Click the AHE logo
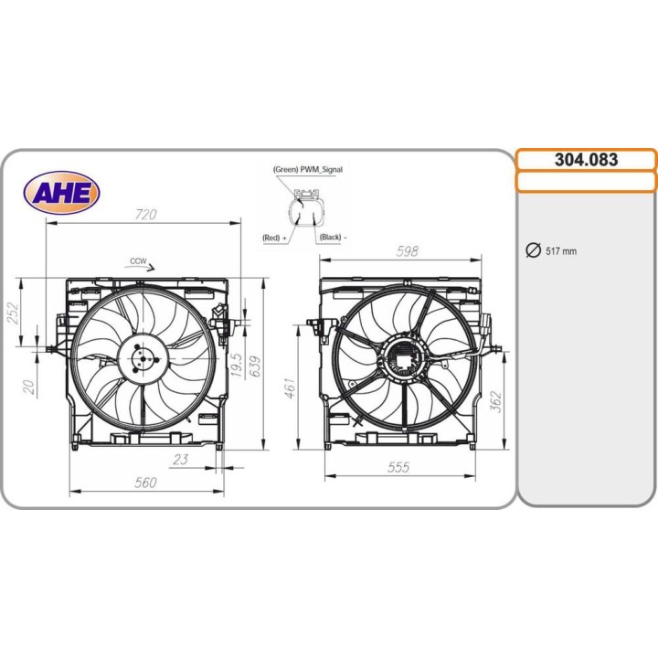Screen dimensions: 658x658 [61, 193]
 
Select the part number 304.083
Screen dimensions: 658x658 [586, 160]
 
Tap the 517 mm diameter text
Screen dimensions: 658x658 [561, 251]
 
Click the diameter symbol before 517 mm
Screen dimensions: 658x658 [534, 251]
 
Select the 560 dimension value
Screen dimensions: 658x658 [145, 483]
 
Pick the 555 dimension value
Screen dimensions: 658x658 [398, 467]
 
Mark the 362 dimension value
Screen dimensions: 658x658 [494, 400]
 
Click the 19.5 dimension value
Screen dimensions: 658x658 [236, 366]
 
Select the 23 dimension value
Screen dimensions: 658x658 [181, 460]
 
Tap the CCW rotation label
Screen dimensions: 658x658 [138, 261]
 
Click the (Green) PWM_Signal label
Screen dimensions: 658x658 [307, 170]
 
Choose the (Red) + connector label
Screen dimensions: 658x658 [274, 238]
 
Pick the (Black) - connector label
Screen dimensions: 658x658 [332, 238]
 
